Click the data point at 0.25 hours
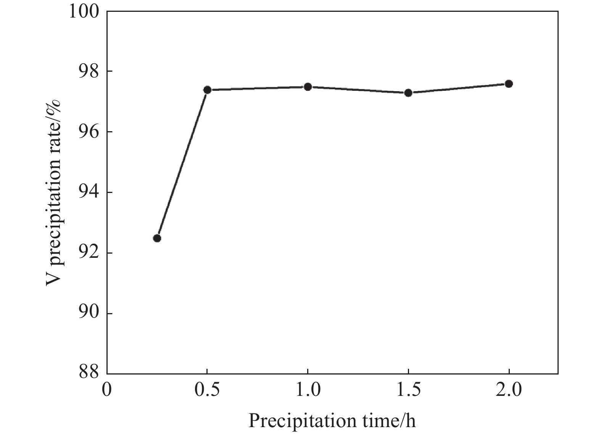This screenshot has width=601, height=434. (x=157, y=238)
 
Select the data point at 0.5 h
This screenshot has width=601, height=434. (x=207, y=90)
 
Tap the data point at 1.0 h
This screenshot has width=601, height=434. (x=308, y=87)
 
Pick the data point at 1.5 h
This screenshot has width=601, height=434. (x=408, y=93)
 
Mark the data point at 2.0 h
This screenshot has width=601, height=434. (x=509, y=84)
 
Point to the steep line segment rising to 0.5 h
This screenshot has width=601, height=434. (x=182, y=164)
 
